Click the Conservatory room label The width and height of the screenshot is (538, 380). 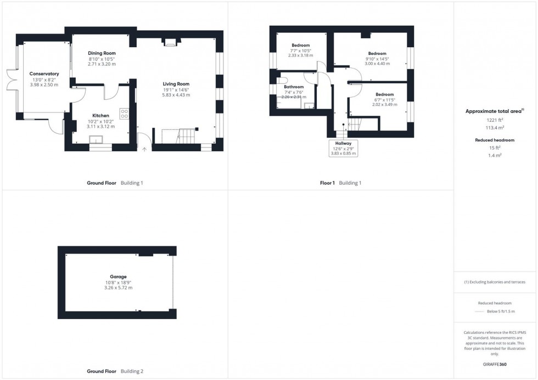pyautogui.click(x=44, y=73)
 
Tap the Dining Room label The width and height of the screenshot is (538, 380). pyautogui.click(x=102, y=53)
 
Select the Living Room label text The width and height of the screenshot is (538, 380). pyautogui.click(x=176, y=84)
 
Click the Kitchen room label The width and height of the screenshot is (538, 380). pyautogui.click(x=100, y=116)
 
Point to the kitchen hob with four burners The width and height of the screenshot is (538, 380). pyautogui.click(x=124, y=114)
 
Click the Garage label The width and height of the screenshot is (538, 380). pyautogui.click(x=118, y=276)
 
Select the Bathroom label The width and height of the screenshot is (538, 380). pyautogui.click(x=294, y=87)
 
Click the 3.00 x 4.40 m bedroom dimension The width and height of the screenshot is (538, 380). pyautogui.click(x=377, y=64)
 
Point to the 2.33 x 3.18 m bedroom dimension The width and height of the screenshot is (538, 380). pyautogui.click(x=301, y=55)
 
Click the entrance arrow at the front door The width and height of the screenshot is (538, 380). pyautogui.click(x=145, y=148)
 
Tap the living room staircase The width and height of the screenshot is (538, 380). pyautogui.click(x=185, y=136)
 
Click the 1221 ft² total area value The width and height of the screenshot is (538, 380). pyautogui.click(x=494, y=120)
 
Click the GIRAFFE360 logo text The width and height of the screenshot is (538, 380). pyautogui.click(x=495, y=364)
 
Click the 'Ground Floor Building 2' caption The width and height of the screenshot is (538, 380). pyautogui.click(x=115, y=371)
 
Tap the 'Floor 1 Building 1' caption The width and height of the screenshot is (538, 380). pyautogui.click(x=340, y=183)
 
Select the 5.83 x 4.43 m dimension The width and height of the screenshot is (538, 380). pyautogui.click(x=176, y=95)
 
